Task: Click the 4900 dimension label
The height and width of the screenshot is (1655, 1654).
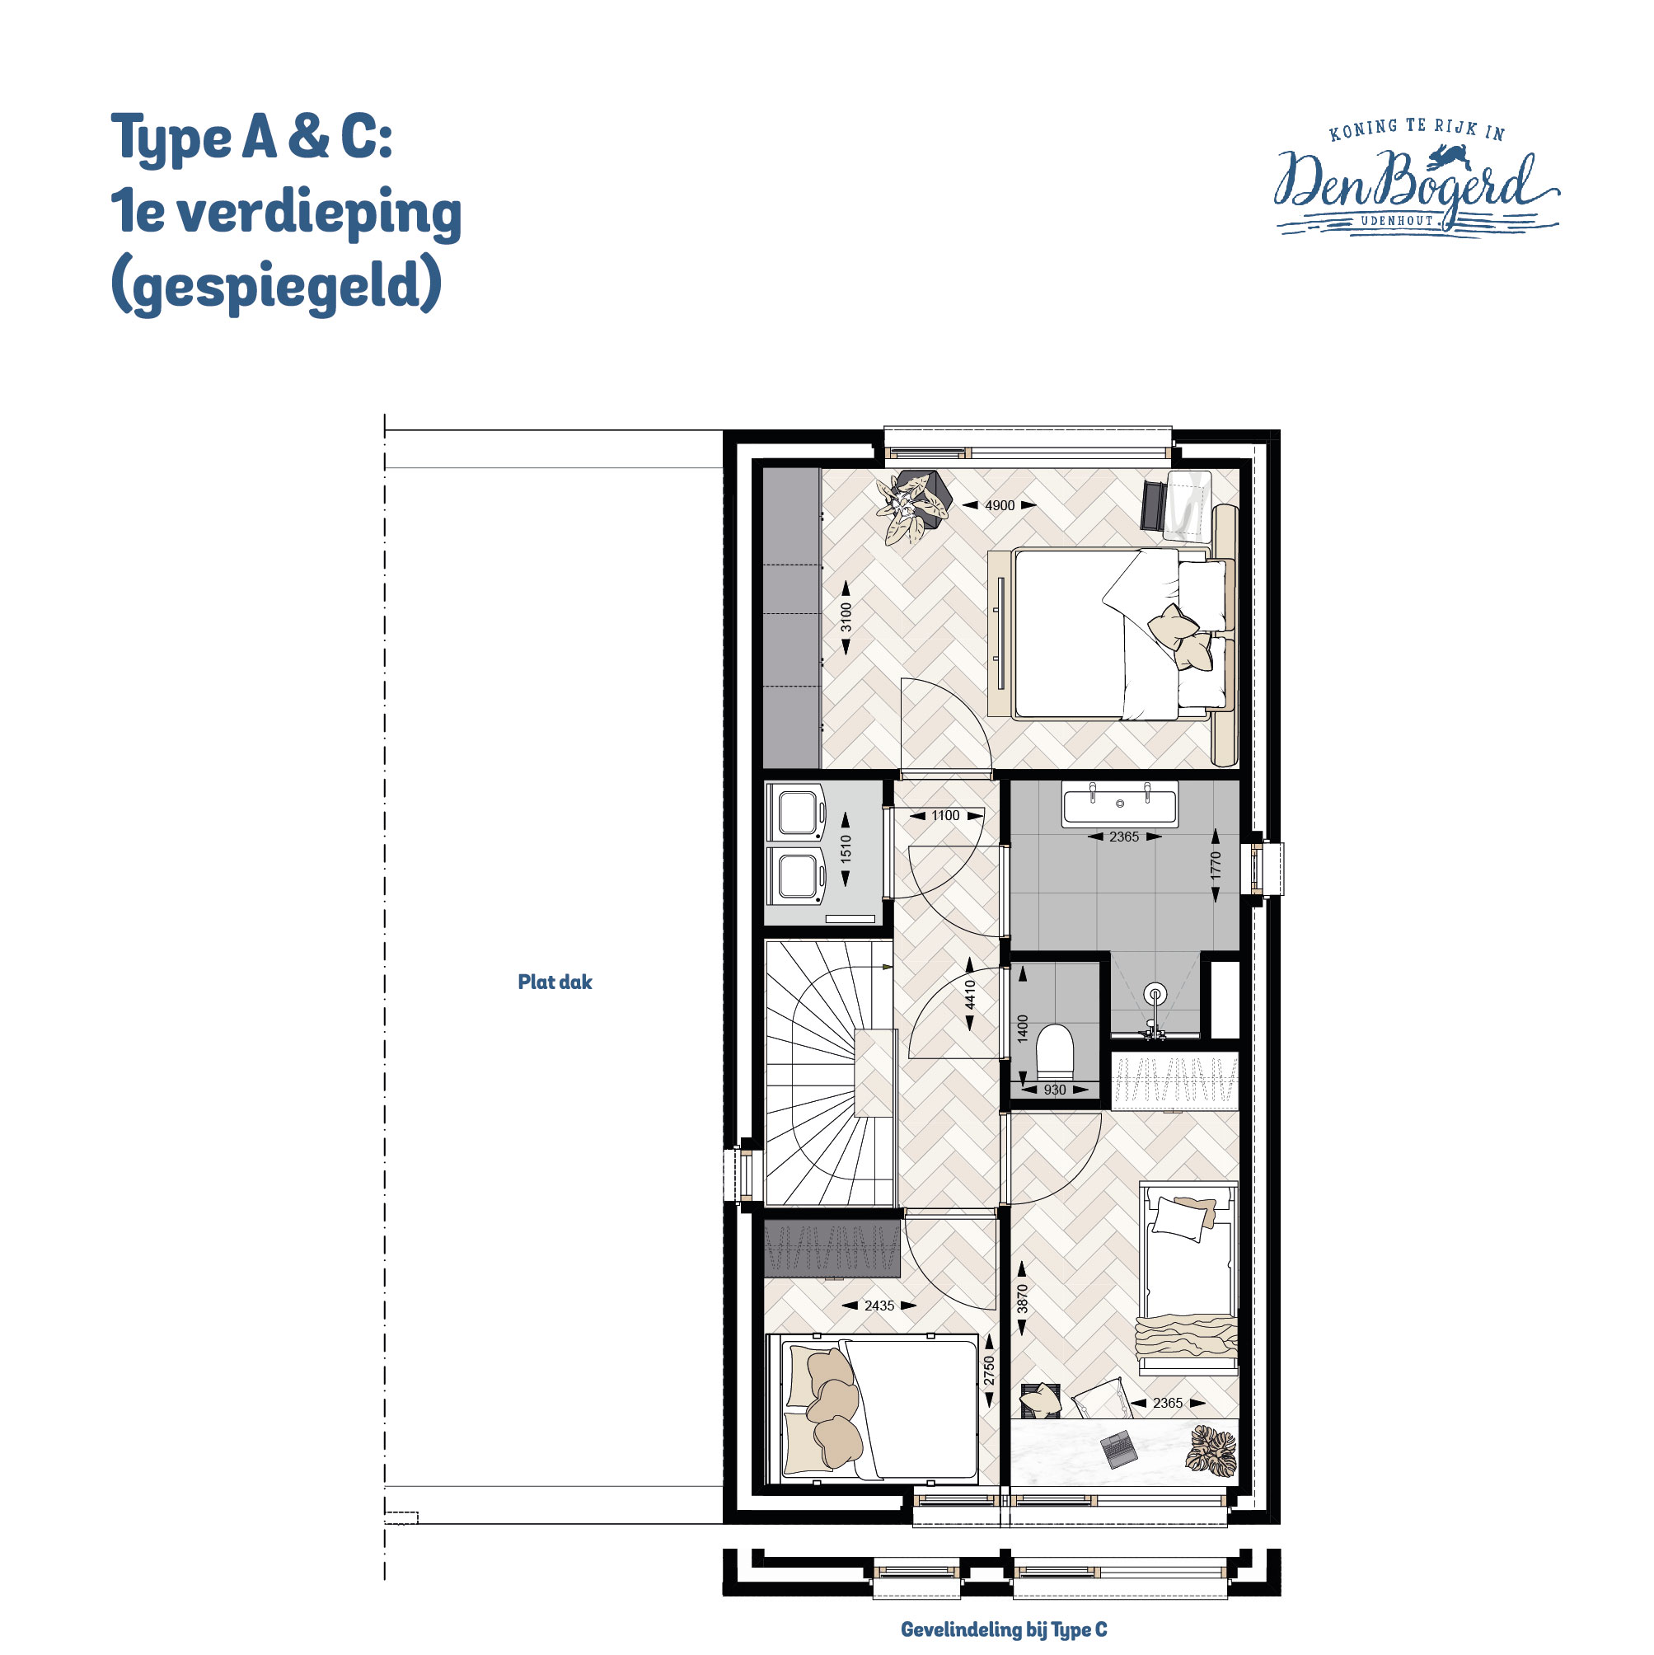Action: (x=999, y=505)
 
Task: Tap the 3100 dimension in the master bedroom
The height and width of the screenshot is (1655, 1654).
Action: (x=846, y=617)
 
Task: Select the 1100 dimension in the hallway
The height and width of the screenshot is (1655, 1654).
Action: (x=945, y=815)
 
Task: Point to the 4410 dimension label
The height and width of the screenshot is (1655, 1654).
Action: (x=970, y=995)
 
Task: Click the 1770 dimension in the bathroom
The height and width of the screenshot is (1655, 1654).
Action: (x=1216, y=865)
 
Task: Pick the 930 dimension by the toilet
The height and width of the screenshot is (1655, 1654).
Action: (x=1054, y=1090)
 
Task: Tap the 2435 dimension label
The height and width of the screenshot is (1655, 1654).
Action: (x=879, y=1306)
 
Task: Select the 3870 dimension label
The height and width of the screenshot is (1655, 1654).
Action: (x=1022, y=1300)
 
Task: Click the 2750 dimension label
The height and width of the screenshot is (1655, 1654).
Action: (x=989, y=1370)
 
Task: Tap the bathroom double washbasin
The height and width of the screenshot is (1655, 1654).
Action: (x=1119, y=804)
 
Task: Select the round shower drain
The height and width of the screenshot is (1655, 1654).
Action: (x=1155, y=994)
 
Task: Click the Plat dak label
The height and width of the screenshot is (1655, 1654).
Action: (x=555, y=982)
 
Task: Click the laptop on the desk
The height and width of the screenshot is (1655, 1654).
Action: (x=1118, y=1447)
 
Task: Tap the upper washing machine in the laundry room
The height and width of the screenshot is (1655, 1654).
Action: (x=797, y=812)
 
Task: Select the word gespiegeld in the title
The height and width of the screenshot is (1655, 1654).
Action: (x=276, y=286)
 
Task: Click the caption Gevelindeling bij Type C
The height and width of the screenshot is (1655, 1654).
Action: (x=1003, y=1629)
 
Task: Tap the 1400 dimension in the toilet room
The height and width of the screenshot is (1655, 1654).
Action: (x=1022, y=1028)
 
